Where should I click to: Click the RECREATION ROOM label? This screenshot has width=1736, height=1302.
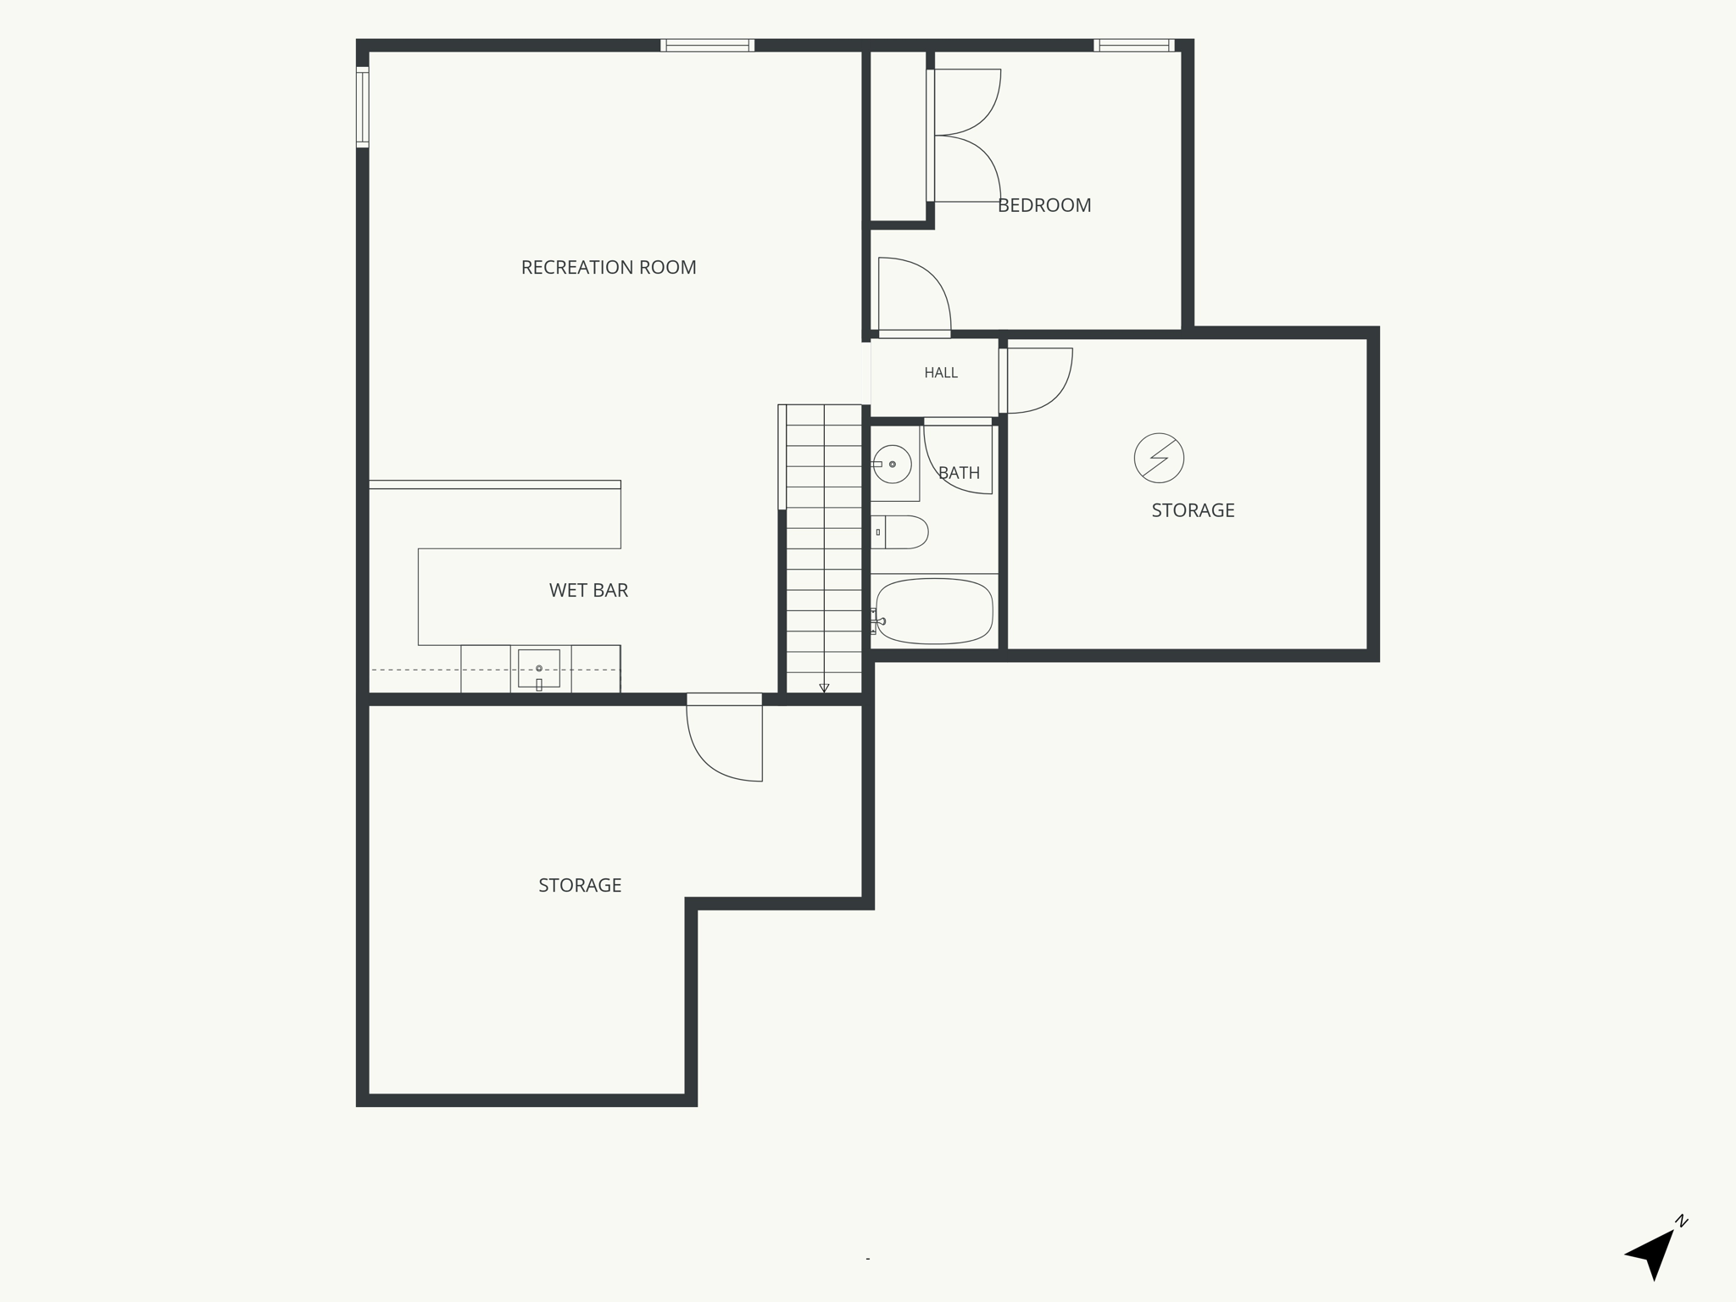[609, 268]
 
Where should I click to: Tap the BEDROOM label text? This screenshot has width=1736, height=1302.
[1044, 205]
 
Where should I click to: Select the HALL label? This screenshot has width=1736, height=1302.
[941, 373]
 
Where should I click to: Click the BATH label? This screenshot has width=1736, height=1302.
[959, 473]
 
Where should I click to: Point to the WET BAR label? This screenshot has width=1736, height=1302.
[588, 591]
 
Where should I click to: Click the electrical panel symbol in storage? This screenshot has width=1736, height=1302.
[1159, 459]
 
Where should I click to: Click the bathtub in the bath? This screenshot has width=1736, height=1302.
[934, 610]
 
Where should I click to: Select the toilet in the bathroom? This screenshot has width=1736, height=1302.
[900, 532]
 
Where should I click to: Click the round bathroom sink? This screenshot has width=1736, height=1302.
[892, 465]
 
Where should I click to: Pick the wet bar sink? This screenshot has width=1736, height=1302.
[538, 669]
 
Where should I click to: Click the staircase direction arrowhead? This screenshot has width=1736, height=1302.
[824, 688]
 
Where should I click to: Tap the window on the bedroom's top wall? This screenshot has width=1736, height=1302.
[1133, 45]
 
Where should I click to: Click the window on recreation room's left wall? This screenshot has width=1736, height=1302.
[363, 107]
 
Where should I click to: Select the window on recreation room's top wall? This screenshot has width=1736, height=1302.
[708, 45]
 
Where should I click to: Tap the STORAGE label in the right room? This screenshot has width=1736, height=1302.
[1193, 510]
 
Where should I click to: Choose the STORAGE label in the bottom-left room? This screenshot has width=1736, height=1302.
[580, 886]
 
